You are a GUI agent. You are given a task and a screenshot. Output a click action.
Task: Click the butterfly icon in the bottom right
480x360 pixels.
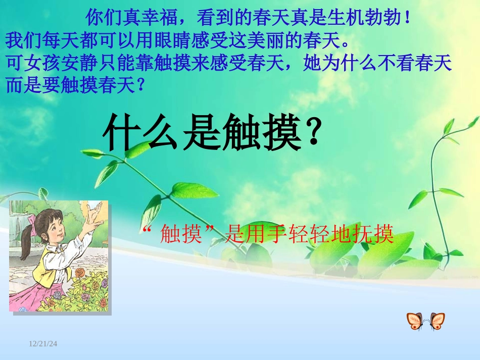[425, 321]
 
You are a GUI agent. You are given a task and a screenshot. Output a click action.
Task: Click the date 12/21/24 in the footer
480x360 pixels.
[43, 344]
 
